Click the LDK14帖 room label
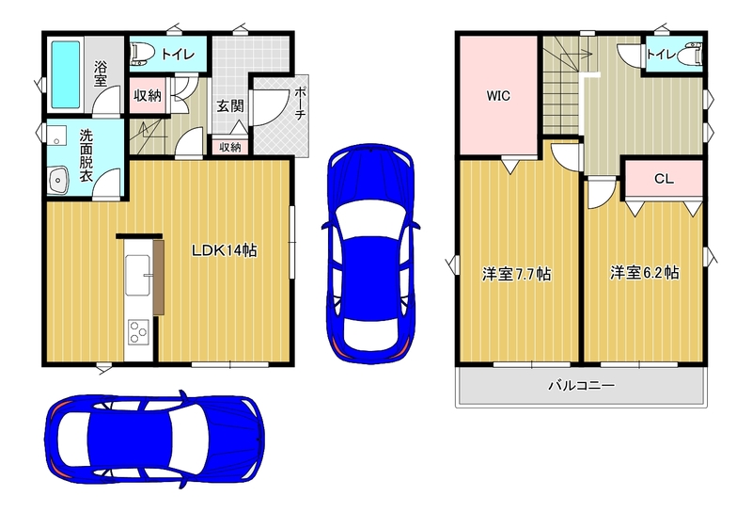[x=225, y=250]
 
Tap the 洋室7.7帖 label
[x=516, y=274]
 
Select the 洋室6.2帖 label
[x=645, y=273]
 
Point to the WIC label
[x=498, y=96]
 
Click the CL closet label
[x=665, y=179]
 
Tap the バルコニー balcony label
[x=582, y=386]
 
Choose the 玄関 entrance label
[x=230, y=105]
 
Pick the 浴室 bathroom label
[x=101, y=73]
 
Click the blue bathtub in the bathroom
[x=66, y=74]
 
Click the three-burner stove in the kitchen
[x=138, y=332]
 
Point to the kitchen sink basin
[x=137, y=275]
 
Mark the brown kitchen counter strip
[x=159, y=278]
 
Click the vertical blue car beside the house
[x=371, y=253]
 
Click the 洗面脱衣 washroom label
[x=86, y=155]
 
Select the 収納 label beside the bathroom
[x=148, y=96]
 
